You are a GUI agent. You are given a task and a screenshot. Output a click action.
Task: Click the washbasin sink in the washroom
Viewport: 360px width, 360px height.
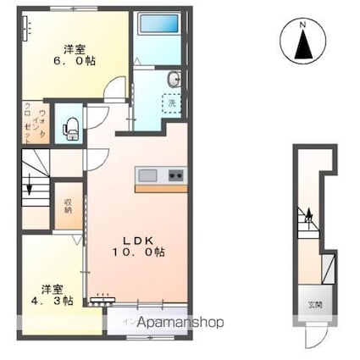(173, 81)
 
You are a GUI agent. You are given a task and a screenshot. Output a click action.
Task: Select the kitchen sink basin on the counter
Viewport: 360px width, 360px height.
(148, 175)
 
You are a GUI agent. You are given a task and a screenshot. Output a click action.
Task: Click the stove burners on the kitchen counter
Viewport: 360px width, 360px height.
(176, 175)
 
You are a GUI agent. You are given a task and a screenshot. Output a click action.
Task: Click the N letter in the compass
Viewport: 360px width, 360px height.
(302, 26)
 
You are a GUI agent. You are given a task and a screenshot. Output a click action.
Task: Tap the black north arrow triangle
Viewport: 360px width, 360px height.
(302, 48)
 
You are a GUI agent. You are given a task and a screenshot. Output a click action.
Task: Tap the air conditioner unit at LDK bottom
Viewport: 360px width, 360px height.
(104, 298)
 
